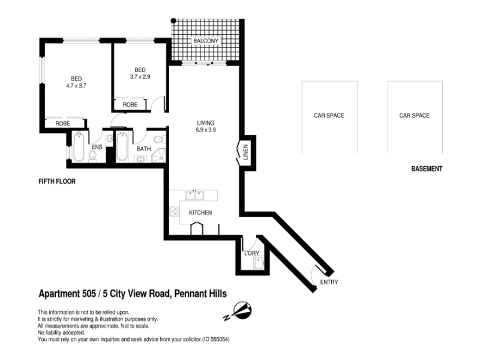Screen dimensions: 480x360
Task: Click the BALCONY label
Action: point(206,41)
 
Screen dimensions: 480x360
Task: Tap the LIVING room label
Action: point(206,123)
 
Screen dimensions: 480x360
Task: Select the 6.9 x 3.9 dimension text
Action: point(206,130)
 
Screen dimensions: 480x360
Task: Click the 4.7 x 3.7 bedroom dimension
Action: point(76,86)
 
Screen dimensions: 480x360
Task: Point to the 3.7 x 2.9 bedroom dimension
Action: point(140,77)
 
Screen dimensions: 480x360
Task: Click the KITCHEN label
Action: point(200,212)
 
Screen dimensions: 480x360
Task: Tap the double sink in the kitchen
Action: point(194,195)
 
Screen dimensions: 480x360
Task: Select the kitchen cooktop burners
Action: point(175,211)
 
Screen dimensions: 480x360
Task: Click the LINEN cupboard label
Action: point(245,152)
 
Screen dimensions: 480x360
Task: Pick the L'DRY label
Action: point(251,253)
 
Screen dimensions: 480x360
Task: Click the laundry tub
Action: point(259,263)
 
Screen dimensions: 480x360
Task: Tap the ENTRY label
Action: point(329,282)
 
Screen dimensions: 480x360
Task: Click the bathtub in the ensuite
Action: point(79,146)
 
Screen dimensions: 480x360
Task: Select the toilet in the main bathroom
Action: point(159,140)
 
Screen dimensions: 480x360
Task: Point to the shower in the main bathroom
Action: point(159,155)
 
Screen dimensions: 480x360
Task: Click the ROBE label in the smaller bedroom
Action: point(130,104)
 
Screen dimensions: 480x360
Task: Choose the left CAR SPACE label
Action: point(329,115)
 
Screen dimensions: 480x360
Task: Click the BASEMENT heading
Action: point(427,169)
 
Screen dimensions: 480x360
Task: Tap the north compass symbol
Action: point(242,310)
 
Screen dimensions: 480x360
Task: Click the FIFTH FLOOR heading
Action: point(57,182)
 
